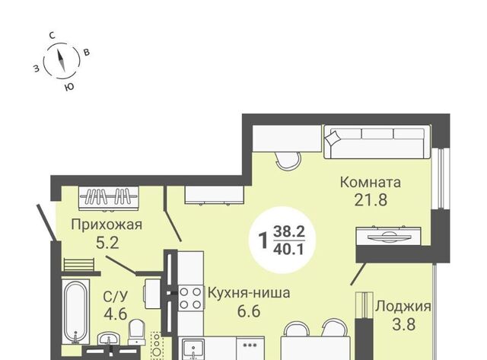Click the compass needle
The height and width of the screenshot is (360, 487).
click(x=61, y=60)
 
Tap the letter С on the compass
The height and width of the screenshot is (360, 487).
click(x=53, y=36)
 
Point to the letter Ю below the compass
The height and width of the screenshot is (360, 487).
click(x=69, y=87)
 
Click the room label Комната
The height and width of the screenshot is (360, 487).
click(x=371, y=183)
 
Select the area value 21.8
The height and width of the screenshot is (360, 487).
click(x=371, y=200)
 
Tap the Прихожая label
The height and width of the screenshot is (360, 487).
click(x=107, y=225)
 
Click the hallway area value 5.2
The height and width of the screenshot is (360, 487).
click(x=107, y=243)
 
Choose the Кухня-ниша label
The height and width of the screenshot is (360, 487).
click(x=249, y=292)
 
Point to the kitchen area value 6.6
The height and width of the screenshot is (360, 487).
click(x=249, y=311)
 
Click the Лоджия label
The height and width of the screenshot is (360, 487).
click(x=403, y=307)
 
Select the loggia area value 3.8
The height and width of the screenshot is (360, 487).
click(x=404, y=324)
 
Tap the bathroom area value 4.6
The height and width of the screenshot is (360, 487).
click(x=116, y=314)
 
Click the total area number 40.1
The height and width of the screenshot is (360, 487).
click(x=289, y=249)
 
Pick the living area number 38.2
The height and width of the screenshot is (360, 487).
click(x=289, y=231)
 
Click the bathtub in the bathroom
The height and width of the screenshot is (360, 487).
click(x=75, y=311)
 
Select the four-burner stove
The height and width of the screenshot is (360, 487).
click(x=190, y=298)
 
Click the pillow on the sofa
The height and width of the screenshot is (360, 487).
click(x=331, y=137)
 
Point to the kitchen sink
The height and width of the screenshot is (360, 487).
click(x=193, y=349)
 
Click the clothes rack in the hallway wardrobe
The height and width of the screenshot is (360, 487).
click(x=108, y=197)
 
